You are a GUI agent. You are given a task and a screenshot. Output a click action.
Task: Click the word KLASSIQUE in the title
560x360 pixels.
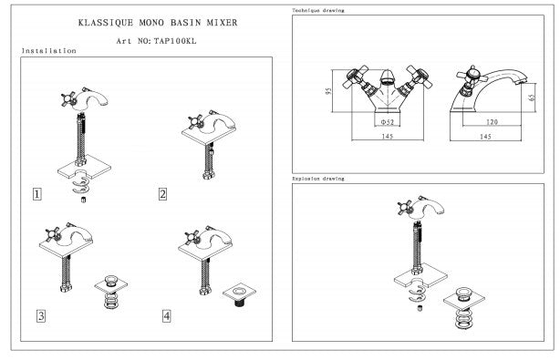(106, 23)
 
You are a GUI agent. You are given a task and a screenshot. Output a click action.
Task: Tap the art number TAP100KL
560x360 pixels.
(175, 41)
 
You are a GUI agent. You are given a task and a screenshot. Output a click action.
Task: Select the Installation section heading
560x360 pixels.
(49, 51)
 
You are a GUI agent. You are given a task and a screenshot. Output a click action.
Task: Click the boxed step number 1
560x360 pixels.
(36, 194)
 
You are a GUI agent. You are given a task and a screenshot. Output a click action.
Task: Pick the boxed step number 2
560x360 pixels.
(162, 194)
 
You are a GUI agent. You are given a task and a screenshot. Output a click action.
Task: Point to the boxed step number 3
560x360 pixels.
(41, 315)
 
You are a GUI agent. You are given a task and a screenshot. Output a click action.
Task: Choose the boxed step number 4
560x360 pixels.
(166, 315)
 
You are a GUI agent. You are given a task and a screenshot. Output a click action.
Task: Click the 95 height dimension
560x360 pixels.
(328, 91)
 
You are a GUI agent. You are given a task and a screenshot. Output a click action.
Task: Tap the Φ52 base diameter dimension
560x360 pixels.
(387, 122)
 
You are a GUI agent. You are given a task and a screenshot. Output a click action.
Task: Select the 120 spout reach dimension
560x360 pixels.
(492, 122)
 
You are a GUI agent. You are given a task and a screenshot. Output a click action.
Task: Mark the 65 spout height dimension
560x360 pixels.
(532, 98)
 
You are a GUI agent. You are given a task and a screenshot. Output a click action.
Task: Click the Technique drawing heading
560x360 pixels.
(318, 10)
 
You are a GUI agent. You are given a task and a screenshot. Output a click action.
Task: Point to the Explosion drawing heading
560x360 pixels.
(318, 179)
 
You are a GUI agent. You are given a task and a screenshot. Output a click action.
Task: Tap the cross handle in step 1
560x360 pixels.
(68, 99)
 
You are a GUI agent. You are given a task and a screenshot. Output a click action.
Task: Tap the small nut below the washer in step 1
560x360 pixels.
(84, 200)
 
